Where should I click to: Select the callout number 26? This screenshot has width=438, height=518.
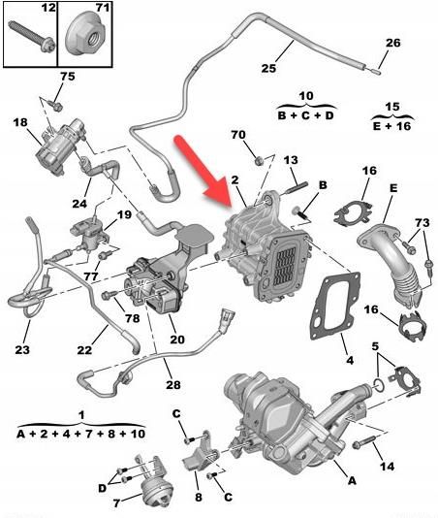point(392,43)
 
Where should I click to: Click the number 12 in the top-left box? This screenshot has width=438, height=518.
point(22,9)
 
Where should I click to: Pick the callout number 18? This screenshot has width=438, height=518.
point(20,122)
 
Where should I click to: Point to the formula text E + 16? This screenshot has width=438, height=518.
point(392,124)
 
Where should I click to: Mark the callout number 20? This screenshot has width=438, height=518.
point(176,339)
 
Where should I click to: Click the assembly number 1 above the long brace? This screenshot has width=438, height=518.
point(81,414)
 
